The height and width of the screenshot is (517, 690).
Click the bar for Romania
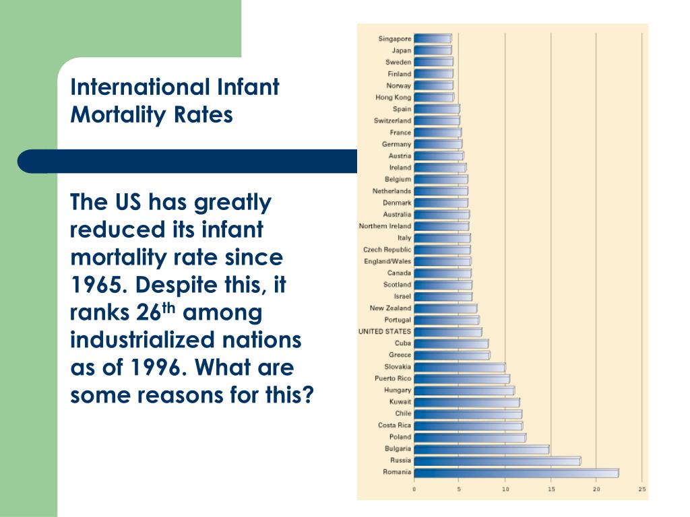pos(515,473)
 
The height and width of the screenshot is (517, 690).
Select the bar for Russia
pos(497,461)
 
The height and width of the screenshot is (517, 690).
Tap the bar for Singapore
pos(432,39)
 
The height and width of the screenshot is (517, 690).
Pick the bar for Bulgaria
pos(481,449)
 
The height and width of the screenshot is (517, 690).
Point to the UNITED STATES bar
pos(447,332)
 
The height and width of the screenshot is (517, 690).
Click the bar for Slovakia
pos(459,368)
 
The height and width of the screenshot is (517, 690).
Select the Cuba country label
pos(402,343)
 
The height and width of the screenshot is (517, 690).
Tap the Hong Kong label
pos(393,98)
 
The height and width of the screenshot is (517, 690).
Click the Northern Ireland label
pos(385,226)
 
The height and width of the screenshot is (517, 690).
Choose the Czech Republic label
pos(387,250)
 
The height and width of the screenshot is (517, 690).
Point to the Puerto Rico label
pos(393,379)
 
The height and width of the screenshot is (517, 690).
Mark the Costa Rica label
pos(394,425)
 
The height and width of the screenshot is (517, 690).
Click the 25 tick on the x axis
pos(642,489)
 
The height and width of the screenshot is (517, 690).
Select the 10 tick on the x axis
pos(505,489)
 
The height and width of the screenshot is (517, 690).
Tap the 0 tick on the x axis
pos(414,489)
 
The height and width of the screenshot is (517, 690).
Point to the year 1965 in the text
pos(100,285)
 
